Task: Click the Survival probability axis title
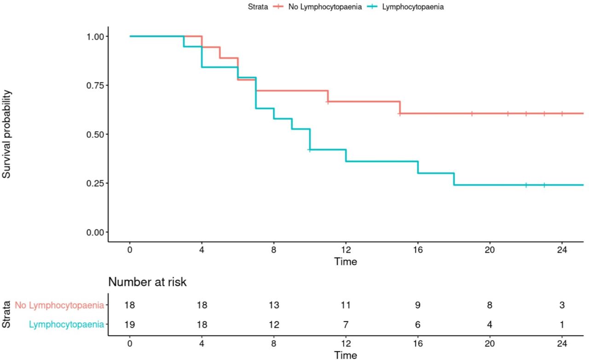[x=7, y=134]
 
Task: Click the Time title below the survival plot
[x=346, y=262]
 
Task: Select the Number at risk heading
[x=147, y=282]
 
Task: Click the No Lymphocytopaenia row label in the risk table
[x=59, y=305]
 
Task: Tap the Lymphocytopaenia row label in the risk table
[x=66, y=325]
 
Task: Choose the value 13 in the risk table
[x=274, y=305]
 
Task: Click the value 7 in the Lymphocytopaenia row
[x=346, y=325]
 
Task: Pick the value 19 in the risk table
[x=130, y=325]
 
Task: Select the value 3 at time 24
[x=561, y=305]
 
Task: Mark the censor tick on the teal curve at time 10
[x=310, y=150]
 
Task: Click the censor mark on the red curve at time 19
[x=472, y=113]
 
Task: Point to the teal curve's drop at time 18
[x=454, y=179]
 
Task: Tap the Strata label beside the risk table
[x=6, y=314]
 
